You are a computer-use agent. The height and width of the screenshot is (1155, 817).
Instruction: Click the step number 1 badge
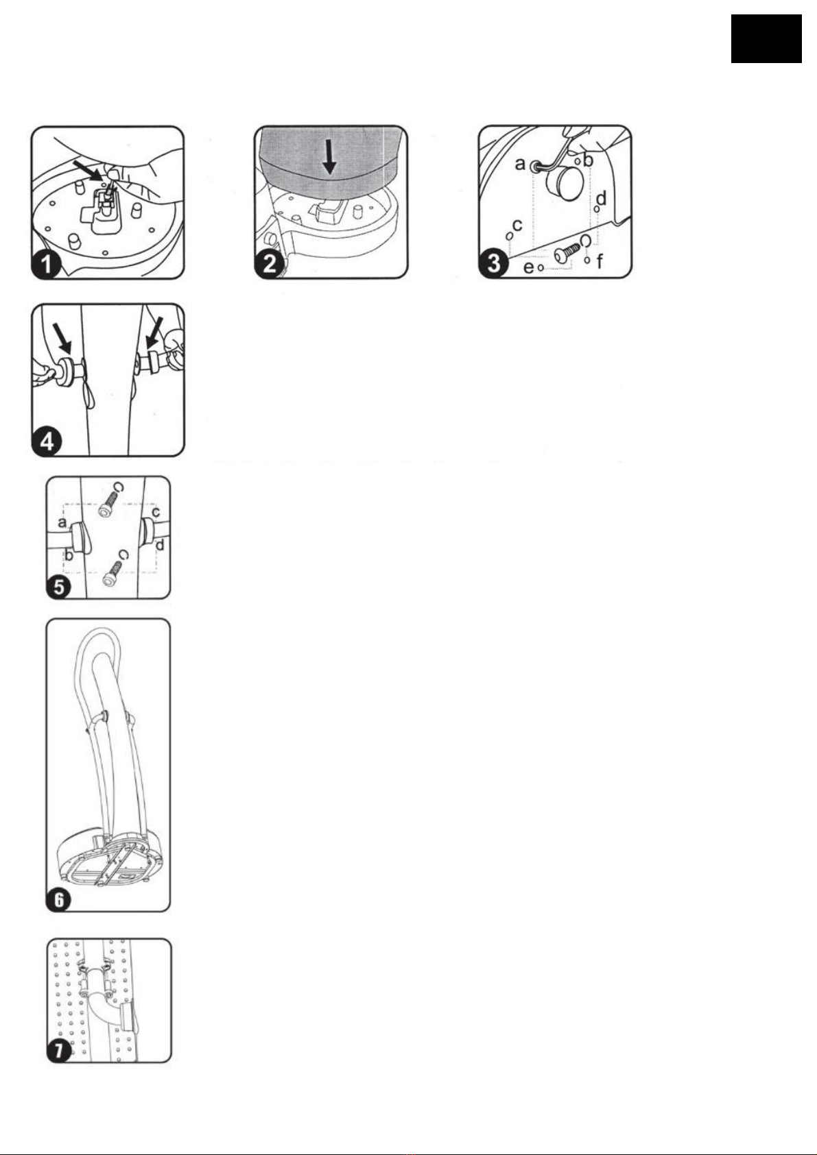click(46, 264)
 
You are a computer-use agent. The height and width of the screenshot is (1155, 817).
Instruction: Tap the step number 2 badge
click(270, 263)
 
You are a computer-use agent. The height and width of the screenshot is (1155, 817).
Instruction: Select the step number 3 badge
click(494, 263)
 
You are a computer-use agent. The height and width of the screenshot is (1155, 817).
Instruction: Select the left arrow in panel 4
click(63, 336)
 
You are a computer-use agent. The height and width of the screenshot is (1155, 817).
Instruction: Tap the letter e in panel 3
click(528, 267)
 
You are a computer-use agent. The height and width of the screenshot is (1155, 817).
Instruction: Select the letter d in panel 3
click(601, 199)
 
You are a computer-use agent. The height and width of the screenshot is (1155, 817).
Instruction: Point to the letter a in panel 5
click(62, 523)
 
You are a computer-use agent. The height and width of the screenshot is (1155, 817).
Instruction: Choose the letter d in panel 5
click(159, 546)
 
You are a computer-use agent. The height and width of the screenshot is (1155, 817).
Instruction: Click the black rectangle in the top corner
click(766, 39)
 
